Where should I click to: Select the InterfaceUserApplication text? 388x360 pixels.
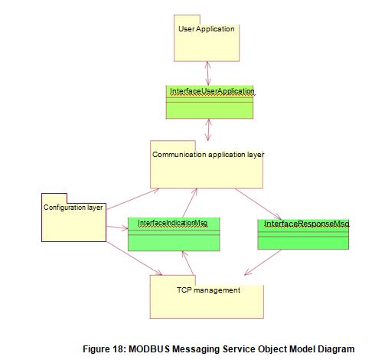210,90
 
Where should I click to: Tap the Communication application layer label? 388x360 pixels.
208,154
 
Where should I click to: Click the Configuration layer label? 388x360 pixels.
73,208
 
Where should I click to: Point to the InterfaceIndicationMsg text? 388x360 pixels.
173,223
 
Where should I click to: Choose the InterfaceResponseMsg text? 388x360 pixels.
305,224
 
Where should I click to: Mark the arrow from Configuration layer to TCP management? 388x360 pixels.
134,258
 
